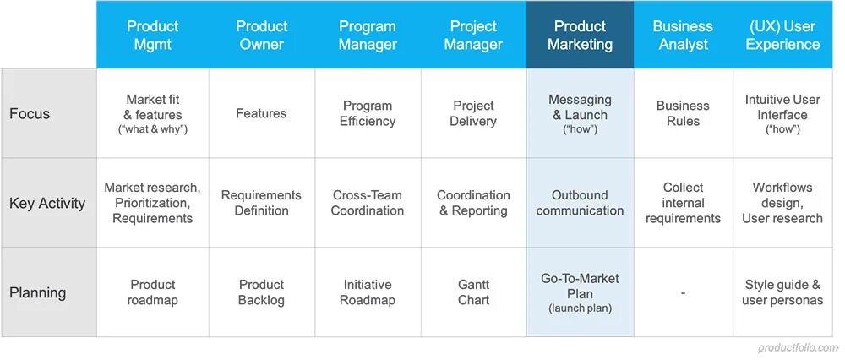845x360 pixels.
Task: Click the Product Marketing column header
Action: click(x=580, y=35)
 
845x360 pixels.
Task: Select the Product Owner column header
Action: click(x=261, y=35)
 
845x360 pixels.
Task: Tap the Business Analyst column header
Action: click(x=683, y=35)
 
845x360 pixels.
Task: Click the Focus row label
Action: click(x=30, y=113)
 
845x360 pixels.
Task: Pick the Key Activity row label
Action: click(x=47, y=203)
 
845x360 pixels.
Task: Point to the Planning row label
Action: click(x=38, y=293)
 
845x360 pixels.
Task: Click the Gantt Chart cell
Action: click(x=473, y=292)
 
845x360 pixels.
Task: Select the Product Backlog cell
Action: click(x=261, y=292)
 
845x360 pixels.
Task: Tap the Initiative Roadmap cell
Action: click(x=368, y=292)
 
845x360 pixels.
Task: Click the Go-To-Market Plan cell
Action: click(x=580, y=286)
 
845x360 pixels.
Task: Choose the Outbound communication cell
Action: click(x=580, y=203)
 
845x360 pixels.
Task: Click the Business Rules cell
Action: click(x=683, y=113)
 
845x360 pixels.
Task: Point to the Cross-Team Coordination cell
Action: click(x=368, y=203)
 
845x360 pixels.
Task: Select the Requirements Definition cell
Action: click(x=261, y=203)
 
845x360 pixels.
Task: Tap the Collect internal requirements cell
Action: click(x=683, y=203)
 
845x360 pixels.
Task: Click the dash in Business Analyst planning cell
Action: click(x=683, y=293)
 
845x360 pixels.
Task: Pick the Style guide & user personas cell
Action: click(x=782, y=292)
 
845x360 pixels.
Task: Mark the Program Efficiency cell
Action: click(x=368, y=113)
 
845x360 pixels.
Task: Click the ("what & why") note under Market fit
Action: click(x=153, y=129)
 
